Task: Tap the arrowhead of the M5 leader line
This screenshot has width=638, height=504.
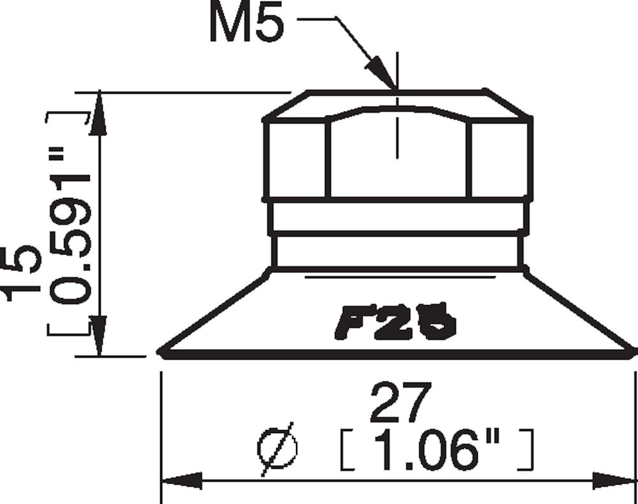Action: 385,75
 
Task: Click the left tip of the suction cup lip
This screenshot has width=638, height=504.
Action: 161,351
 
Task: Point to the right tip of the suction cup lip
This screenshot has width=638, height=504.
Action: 634,351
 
